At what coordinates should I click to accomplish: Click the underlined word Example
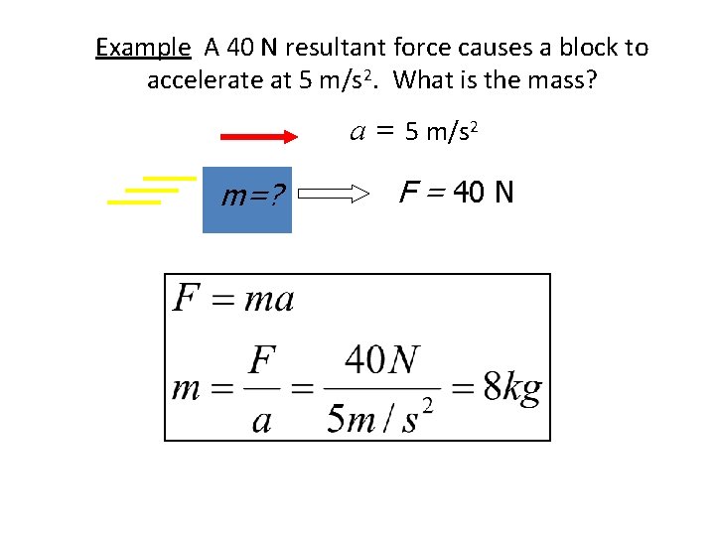click(x=142, y=48)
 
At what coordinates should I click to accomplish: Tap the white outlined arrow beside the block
click(x=332, y=197)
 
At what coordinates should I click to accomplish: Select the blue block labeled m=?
click(x=247, y=200)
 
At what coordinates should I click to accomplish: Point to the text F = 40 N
click(x=456, y=192)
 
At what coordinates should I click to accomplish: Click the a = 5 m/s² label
click(x=415, y=131)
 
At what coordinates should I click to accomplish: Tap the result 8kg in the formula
click(x=512, y=388)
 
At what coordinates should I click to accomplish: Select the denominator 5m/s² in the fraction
click(x=381, y=417)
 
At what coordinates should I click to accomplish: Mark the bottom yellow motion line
click(x=134, y=201)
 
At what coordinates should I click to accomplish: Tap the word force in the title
click(x=421, y=48)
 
